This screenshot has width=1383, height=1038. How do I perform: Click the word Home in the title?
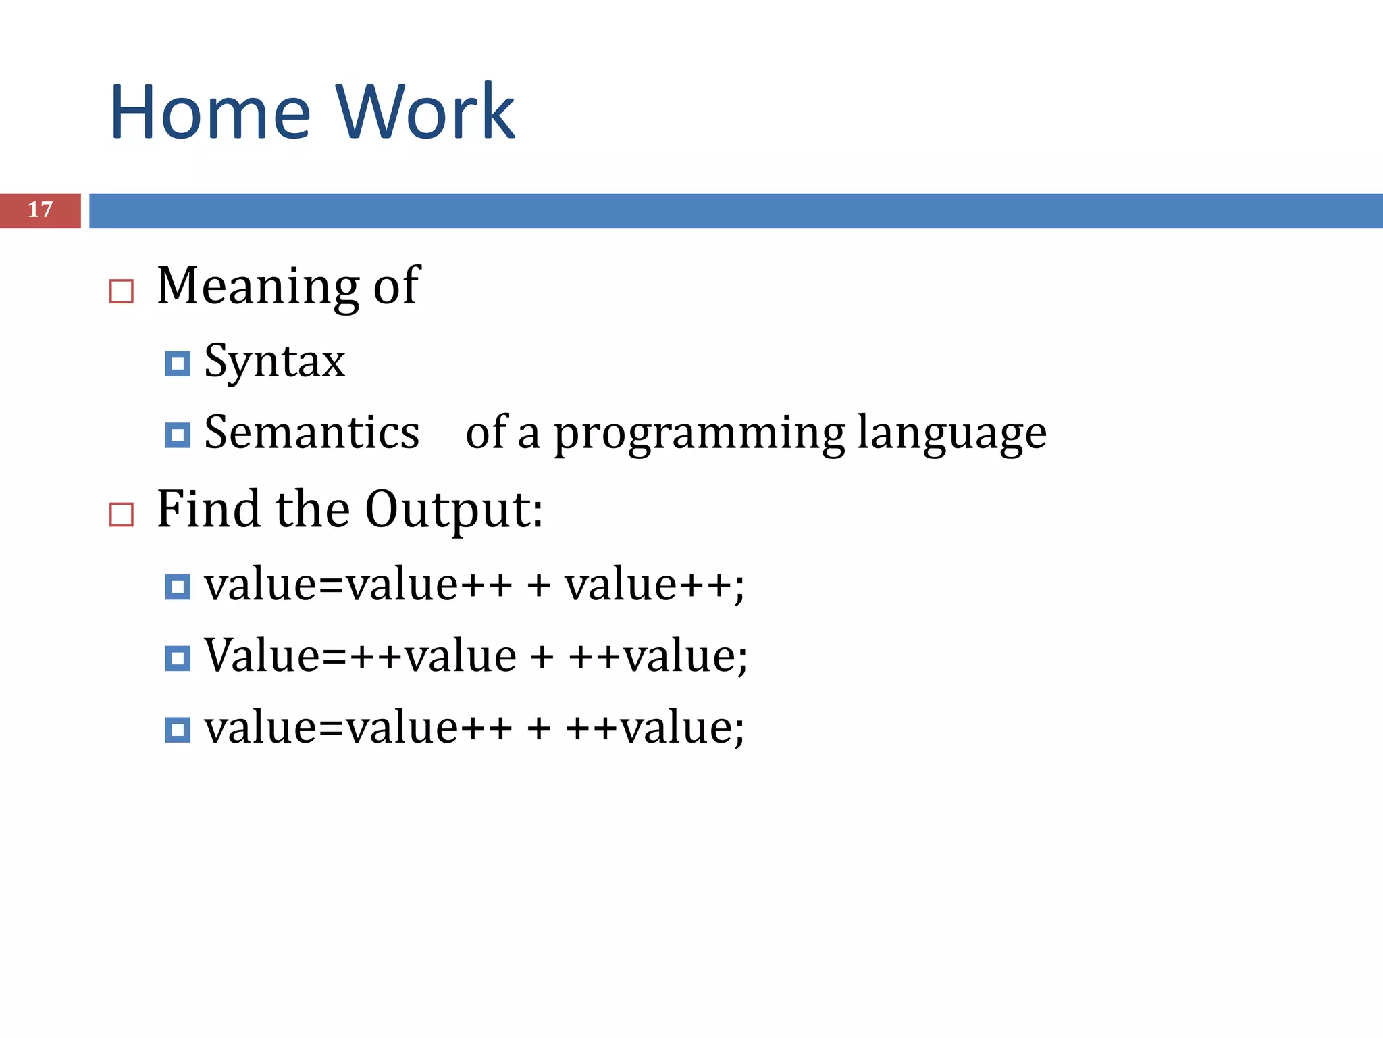coord(210,112)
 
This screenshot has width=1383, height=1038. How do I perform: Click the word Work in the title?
coord(425,112)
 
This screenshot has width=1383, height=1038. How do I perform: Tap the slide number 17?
coord(40,210)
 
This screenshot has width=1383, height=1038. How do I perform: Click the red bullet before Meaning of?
coord(122,292)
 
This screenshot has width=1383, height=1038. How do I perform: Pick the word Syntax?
coord(274,362)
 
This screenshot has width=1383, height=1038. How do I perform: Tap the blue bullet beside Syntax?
coord(178,364)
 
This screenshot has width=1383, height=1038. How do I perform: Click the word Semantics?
coord(311,432)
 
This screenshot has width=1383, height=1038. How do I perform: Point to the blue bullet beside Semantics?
coord(178,435)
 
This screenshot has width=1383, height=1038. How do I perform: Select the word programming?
coord(699,434)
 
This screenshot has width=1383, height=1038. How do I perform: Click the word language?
coord(952,434)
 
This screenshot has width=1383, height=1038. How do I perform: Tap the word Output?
coord(454,510)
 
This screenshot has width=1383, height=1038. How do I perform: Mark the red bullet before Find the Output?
coord(122,515)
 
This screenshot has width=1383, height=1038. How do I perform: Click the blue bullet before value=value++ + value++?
coord(178,587)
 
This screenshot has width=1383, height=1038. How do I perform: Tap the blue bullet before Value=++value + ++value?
coord(178,658)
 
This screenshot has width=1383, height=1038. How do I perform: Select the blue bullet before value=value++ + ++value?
coord(178,731)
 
